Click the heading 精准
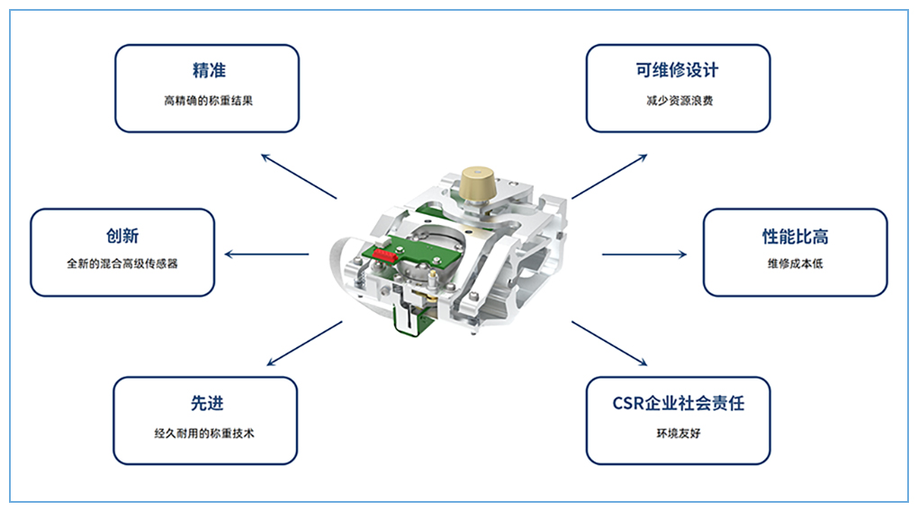(x=209, y=71)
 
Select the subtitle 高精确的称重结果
(x=209, y=101)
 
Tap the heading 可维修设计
(x=678, y=70)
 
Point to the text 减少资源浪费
(x=679, y=101)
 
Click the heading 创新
(x=122, y=236)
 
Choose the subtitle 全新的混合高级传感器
(x=121, y=264)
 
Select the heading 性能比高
(x=795, y=237)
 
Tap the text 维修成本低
(x=795, y=264)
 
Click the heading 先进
(x=207, y=403)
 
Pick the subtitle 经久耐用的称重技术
(x=204, y=434)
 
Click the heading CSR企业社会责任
(x=679, y=403)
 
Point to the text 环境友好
(x=679, y=434)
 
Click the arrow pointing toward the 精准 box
(x=299, y=176)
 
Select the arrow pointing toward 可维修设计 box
(x=609, y=176)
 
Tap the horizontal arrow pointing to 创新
(x=266, y=255)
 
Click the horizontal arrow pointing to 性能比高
(x=644, y=255)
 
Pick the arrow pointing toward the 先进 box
(x=304, y=344)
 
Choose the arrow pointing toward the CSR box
(x=609, y=344)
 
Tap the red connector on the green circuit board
(x=385, y=255)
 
